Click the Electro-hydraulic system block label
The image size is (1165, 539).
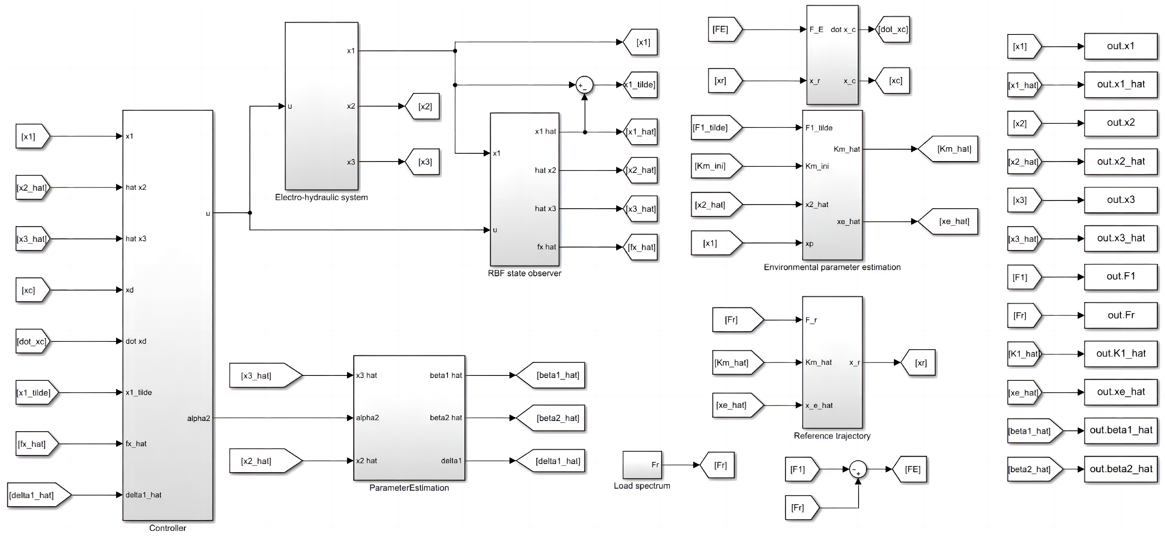click(321, 198)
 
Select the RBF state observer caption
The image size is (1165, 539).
click(524, 273)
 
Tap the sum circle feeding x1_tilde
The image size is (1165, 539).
click(584, 85)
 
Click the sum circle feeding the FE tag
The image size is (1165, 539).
click(858, 469)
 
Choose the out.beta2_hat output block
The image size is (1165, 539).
click(1121, 469)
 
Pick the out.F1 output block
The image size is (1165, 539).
click(1121, 277)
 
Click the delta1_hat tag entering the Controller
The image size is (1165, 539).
click(36, 495)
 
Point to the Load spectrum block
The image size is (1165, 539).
click(642, 465)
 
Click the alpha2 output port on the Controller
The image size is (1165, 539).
click(199, 418)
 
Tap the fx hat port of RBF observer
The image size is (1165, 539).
click(546, 247)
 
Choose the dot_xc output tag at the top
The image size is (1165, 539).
click(892, 30)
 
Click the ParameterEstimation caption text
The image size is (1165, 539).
click(409, 488)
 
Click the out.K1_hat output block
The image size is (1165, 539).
click(1121, 354)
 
